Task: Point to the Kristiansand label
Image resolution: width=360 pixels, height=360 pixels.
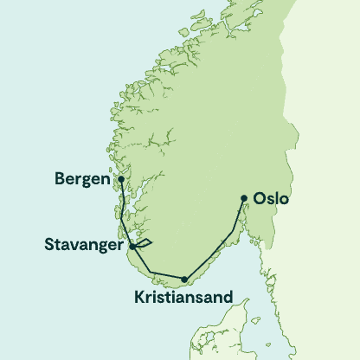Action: coord(183,298)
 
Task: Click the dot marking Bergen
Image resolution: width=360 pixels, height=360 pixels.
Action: coord(121,180)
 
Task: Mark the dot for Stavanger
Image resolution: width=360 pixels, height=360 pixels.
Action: coord(132,247)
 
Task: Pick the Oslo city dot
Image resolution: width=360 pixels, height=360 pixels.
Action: coord(244,198)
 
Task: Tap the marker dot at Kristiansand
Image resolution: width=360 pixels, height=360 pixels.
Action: coord(184,279)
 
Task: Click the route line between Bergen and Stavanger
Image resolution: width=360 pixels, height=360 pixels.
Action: coord(125,215)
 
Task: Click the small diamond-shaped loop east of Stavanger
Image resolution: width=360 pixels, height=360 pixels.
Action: coord(145,243)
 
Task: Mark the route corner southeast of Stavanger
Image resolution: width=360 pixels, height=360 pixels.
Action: coord(152,273)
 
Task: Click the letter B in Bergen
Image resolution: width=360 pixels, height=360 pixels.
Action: coord(59,182)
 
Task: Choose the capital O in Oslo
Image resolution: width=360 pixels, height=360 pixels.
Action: coord(260,200)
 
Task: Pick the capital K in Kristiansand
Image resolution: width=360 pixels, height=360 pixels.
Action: coord(139,298)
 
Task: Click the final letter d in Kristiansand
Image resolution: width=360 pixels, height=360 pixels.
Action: coord(228,298)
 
